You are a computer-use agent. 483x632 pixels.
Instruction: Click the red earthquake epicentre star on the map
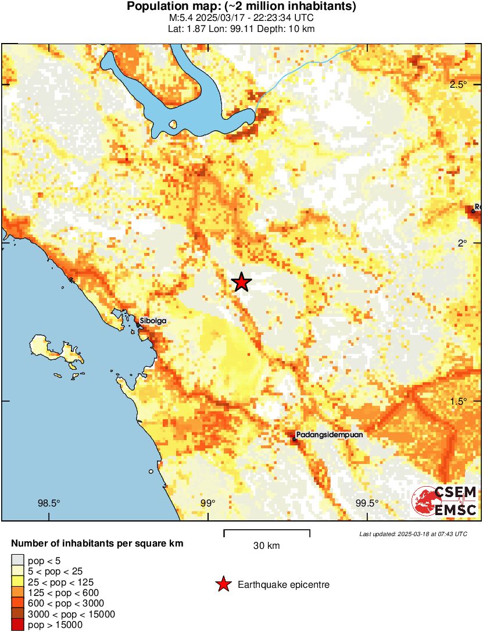coord(241,283)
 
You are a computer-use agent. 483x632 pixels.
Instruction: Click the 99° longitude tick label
coord(207,504)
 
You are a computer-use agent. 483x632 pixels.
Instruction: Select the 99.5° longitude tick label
coord(367,504)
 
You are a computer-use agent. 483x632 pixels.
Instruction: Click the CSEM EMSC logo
coord(445,501)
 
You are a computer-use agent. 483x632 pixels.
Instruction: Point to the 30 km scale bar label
coord(267,545)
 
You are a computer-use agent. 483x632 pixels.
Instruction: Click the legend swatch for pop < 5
coord(17,560)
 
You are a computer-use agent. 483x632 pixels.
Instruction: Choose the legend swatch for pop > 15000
coord(17,624)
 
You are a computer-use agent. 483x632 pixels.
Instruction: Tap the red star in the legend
coord(223,584)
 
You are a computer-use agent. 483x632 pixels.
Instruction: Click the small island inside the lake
coord(173,124)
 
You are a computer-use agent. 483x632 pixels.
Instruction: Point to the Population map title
coord(241,7)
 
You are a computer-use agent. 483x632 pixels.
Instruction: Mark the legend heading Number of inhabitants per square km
coord(98,544)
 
